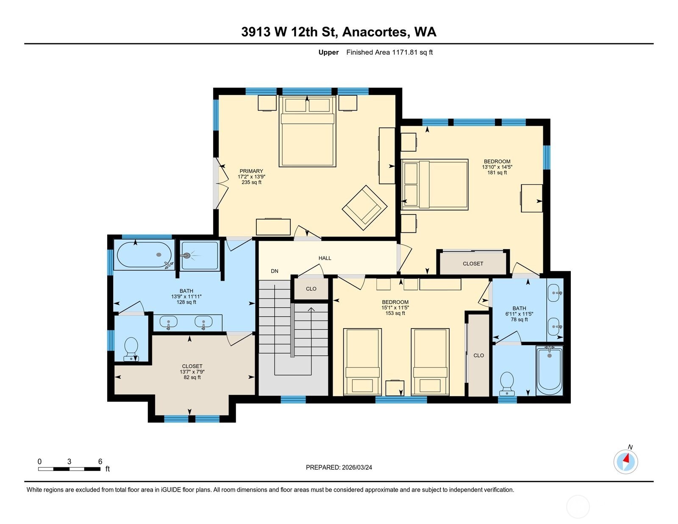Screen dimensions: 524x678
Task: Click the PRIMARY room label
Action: pos(251,171)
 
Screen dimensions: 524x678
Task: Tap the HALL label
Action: pos(325,258)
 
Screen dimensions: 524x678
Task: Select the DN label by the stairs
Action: pos(275,271)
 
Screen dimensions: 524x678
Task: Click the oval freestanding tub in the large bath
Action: pos(144,255)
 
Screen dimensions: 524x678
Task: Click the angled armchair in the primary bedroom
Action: pos(364,207)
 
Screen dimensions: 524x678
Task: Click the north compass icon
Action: pos(625,461)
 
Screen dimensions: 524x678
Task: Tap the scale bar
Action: pos(69,469)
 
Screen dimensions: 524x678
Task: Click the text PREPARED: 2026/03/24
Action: pos(339,467)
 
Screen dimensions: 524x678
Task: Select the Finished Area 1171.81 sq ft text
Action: pos(389,52)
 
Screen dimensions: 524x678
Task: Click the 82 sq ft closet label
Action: pos(192,377)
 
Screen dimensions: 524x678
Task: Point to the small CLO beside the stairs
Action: pos(311,289)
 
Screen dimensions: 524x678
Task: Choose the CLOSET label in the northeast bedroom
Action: pos(473,264)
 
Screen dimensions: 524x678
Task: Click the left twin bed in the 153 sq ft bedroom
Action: pos(362,361)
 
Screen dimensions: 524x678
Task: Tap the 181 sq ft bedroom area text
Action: pos(497,173)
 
